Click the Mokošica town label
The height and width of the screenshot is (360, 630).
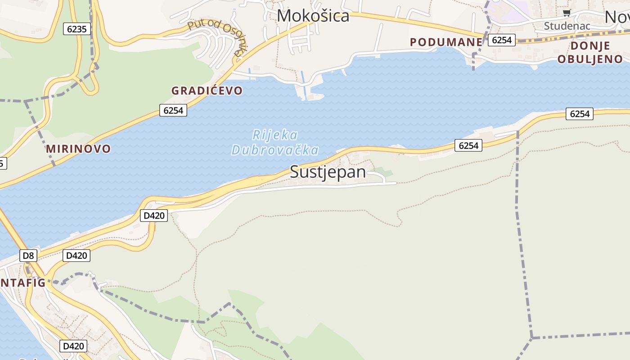[x=313, y=16]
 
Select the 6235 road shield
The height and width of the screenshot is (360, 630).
[x=77, y=29]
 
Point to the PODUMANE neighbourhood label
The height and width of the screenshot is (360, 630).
[x=446, y=42]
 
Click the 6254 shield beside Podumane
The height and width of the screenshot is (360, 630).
[x=502, y=40]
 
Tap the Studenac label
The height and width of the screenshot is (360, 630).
[x=567, y=26]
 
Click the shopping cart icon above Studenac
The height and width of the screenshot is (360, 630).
[x=567, y=13]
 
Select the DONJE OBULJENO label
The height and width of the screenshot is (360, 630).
[x=590, y=52]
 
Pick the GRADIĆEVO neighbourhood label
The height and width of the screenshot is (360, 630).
[x=207, y=90]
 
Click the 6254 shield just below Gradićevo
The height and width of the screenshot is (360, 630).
[x=173, y=110]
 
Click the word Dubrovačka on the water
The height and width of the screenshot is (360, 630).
[x=275, y=150]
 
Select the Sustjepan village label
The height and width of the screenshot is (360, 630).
[x=328, y=172]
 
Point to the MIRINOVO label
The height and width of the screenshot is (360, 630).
[x=78, y=148]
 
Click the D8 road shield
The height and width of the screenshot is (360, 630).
[x=28, y=256]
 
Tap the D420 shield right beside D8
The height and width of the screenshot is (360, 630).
[x=76, y=256]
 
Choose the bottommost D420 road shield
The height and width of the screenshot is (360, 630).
[x=73, y=346]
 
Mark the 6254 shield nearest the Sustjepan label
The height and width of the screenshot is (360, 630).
[x=468, y=145]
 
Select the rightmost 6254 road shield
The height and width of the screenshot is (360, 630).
[x=579, y=114]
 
